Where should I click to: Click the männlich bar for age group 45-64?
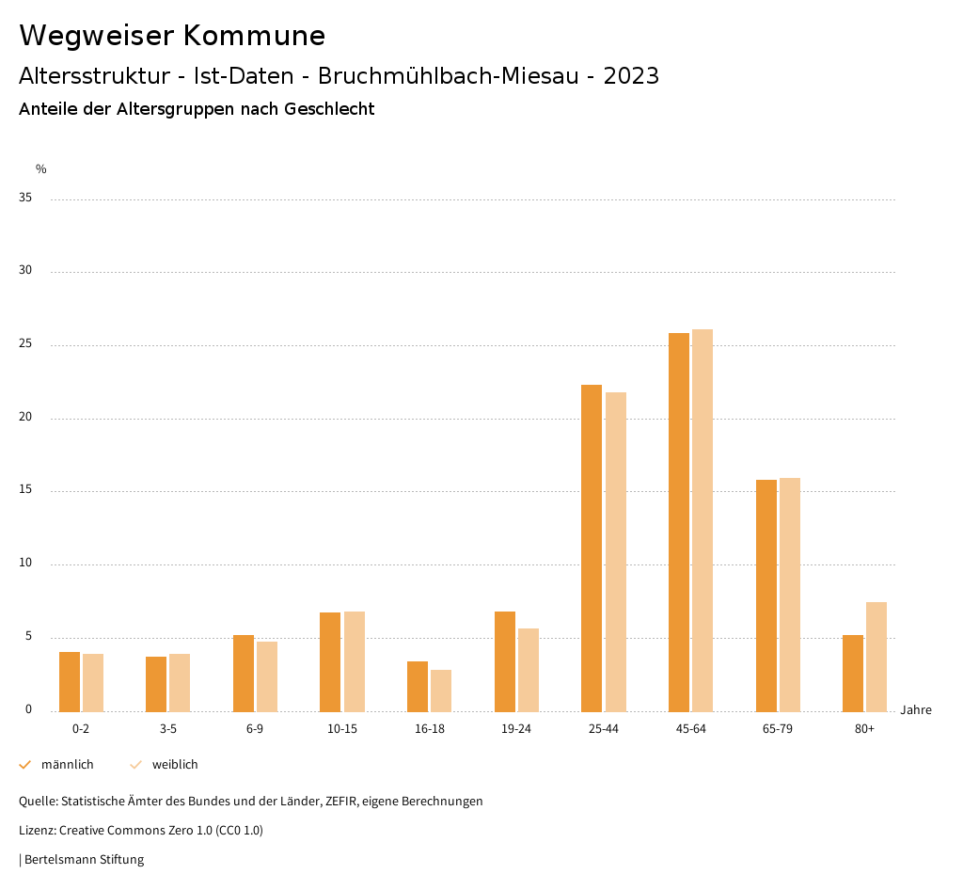(x=679, y=522)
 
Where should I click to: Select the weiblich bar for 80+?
(x=876, y=657)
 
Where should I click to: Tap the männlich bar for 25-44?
(x=592, y=548)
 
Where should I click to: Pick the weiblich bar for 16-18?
(x=441, y=691)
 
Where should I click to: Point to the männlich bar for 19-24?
(x=505, y=661)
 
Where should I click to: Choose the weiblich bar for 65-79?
(x=790, y=595)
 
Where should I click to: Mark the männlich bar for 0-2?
(x=70, y=681)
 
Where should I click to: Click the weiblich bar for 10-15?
(x=355, y=661)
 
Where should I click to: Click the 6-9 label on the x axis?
(x=255, y=729)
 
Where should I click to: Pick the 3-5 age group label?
(x=167, y=729)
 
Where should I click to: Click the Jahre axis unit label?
(x=916, y=710)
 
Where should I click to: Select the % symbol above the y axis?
(x=40, y=169)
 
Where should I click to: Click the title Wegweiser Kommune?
(x=172, y=36)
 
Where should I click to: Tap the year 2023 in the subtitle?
(x=631, y=76)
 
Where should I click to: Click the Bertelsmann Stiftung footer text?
(x=84, y=860)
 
